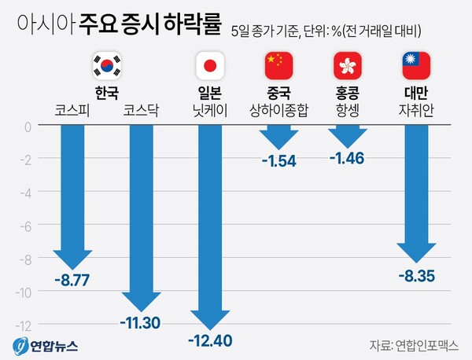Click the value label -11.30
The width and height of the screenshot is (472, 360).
142,322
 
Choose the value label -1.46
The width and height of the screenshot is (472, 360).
348,160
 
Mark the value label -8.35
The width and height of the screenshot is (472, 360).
416,276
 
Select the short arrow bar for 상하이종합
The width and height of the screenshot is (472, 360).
278,138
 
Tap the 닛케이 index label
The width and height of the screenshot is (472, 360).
210,111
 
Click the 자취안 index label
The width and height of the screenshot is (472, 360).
416,111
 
